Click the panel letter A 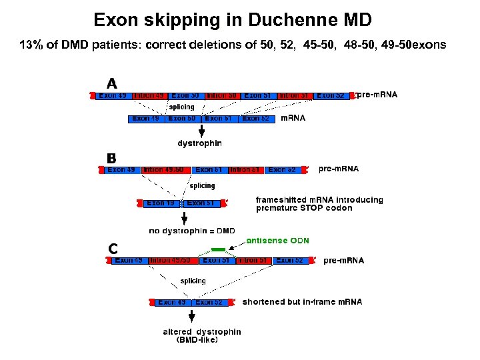[112, 84]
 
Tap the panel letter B [111, 158]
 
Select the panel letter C [113, 249]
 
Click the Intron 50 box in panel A [223, 96]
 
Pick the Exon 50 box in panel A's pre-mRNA [186, 96]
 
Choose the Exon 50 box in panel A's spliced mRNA [182, 119]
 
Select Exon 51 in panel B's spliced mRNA [200, 203]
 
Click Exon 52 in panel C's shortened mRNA [209, 303]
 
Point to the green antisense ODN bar [209, 249]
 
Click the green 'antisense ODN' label [277, 240]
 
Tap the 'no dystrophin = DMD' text [191, 231]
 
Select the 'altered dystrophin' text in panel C [201, 331]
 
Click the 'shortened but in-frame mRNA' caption [302, 302]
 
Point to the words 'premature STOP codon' [304, 208]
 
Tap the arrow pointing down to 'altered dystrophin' [192, 317]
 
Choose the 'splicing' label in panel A [181, 107]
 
